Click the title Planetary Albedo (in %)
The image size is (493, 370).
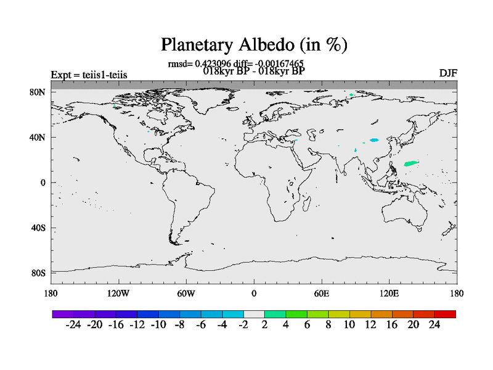click(254, 44)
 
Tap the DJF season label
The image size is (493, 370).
click(448, 73)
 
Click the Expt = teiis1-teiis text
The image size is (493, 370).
click(89, 75)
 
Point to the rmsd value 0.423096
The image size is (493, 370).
click(213, 64)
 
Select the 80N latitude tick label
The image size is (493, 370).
click(38, 92)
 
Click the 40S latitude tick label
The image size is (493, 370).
click(38, 228)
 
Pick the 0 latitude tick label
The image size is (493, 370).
click(43, 183)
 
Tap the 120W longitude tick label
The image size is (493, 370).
click(118, 294)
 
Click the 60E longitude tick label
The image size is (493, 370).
click(322, 294)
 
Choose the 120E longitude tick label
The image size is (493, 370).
click(389, 294)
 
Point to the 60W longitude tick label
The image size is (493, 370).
click(186, 294)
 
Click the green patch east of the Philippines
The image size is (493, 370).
click(411, 163)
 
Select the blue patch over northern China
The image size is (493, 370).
click(374, 140)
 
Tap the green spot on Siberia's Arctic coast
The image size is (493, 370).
click(351, 95)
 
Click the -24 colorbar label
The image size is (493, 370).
click(73, 325)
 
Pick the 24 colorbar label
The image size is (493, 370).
click(434, 325)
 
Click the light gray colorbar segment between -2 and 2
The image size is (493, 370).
click(254, 314)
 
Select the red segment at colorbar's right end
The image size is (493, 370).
click(445, 314)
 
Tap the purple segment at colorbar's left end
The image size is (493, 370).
click(63, 314)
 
